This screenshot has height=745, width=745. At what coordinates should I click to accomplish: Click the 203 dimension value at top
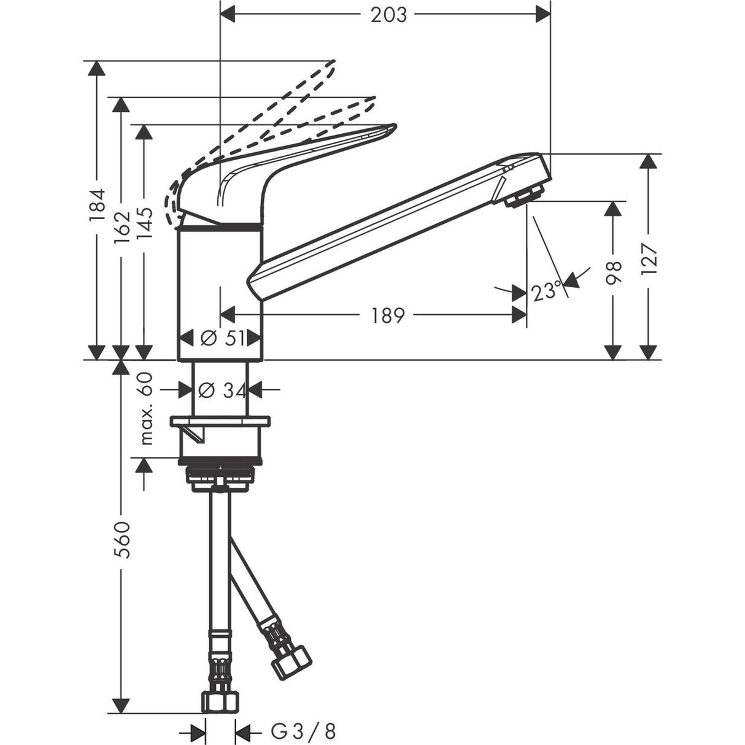click(x=388, y=15)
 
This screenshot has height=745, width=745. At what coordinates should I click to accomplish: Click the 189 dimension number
click(x=388, y=315)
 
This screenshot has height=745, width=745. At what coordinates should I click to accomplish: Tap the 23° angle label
click(x=546, y=290)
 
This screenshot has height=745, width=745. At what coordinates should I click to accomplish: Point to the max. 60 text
click(x=146, y=410)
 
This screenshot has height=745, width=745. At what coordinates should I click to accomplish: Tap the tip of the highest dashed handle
click(x=334, y=62)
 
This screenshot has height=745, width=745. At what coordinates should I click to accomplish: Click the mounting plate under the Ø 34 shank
click(x=220, y=422)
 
